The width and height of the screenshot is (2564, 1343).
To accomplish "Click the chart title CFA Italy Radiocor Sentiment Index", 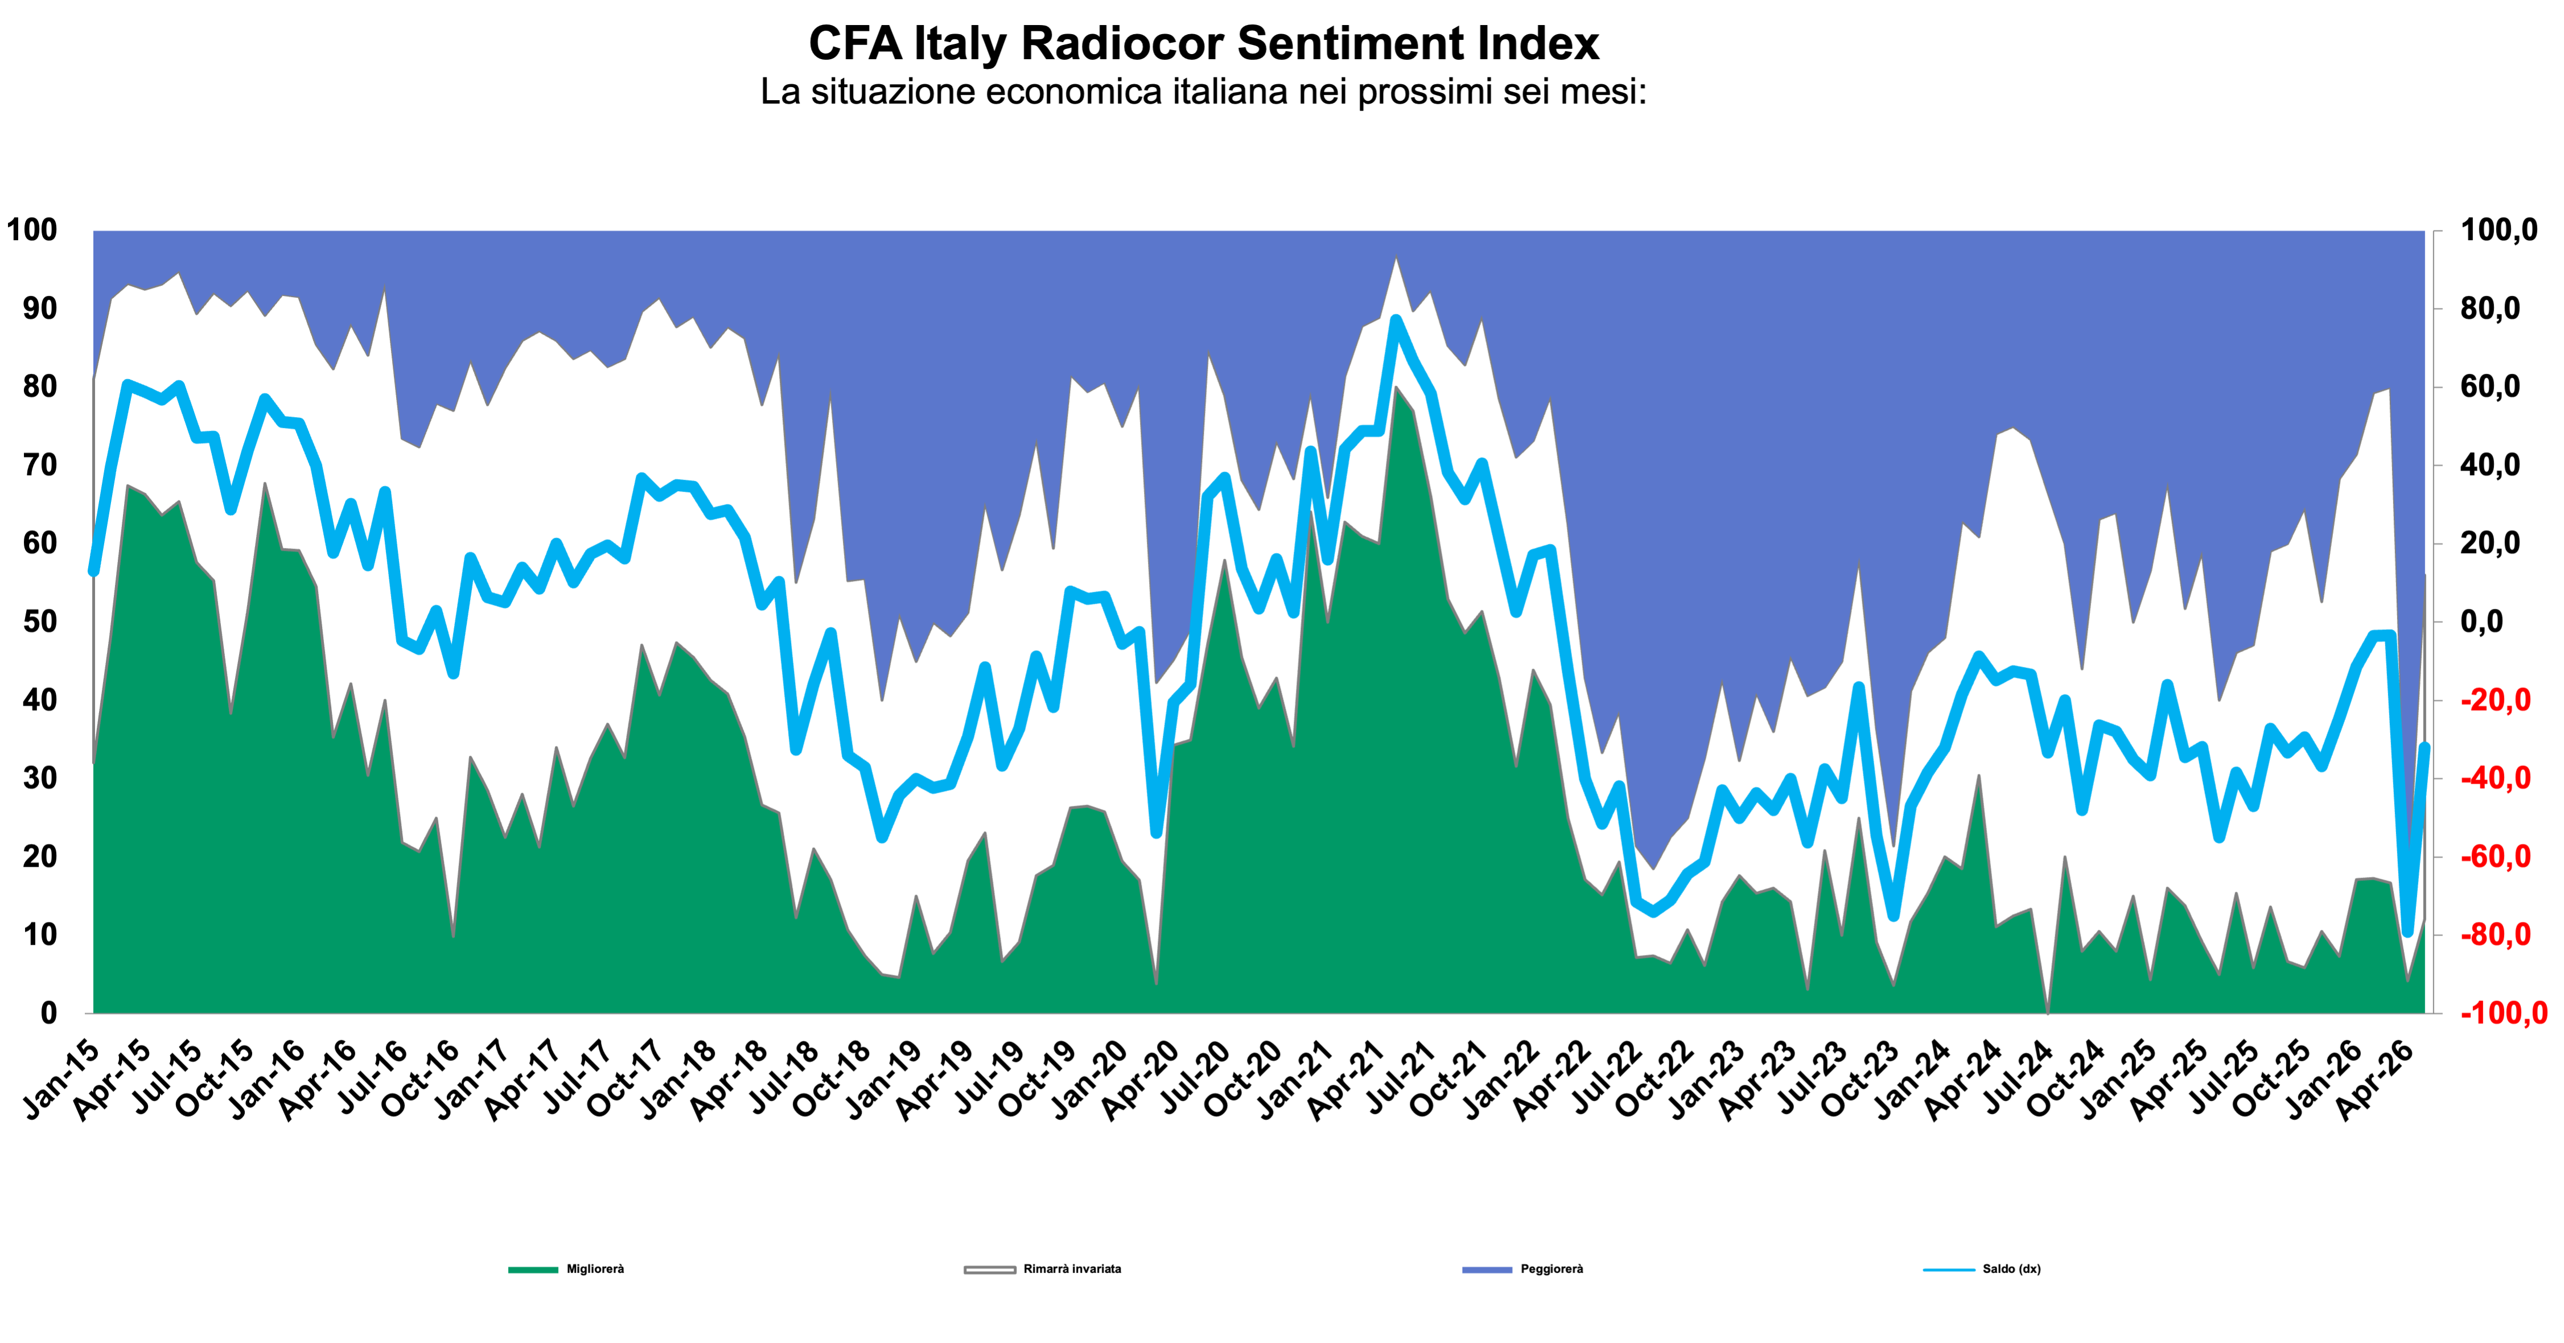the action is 1203,44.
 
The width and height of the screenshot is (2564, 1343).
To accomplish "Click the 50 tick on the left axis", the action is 41,621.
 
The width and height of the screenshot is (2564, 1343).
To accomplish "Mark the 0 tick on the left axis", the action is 49,1012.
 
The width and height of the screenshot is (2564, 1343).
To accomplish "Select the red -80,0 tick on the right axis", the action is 2495,935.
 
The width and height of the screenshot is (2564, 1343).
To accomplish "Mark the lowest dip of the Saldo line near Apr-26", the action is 2407,932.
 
